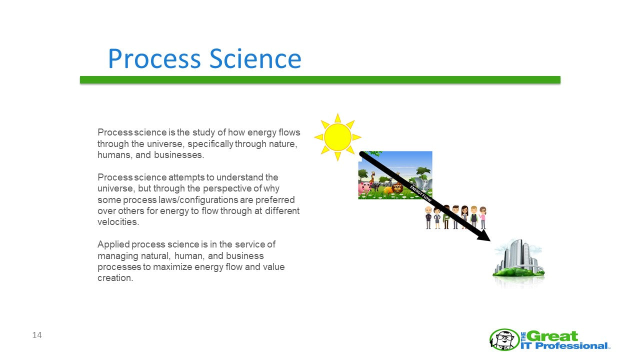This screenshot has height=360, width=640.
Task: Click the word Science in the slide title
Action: coord(255,58)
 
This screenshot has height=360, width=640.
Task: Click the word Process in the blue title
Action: coord(154,58)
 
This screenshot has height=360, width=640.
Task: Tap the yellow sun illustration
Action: coord(337,137)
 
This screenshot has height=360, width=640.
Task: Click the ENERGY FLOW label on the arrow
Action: coord(420,193)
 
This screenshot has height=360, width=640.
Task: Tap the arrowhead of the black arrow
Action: coord(484,235)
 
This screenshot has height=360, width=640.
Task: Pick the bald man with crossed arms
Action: coord(428,217)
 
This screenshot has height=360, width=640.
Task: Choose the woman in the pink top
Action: coord(483,217)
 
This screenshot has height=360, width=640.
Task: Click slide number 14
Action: coord(37,335)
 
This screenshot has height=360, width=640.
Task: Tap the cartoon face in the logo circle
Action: coord(504,339)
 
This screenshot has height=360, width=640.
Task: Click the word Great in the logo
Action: coord(552,336)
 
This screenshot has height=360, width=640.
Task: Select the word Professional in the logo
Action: coord(571,346)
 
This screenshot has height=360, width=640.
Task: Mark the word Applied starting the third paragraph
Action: coord(113,245)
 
